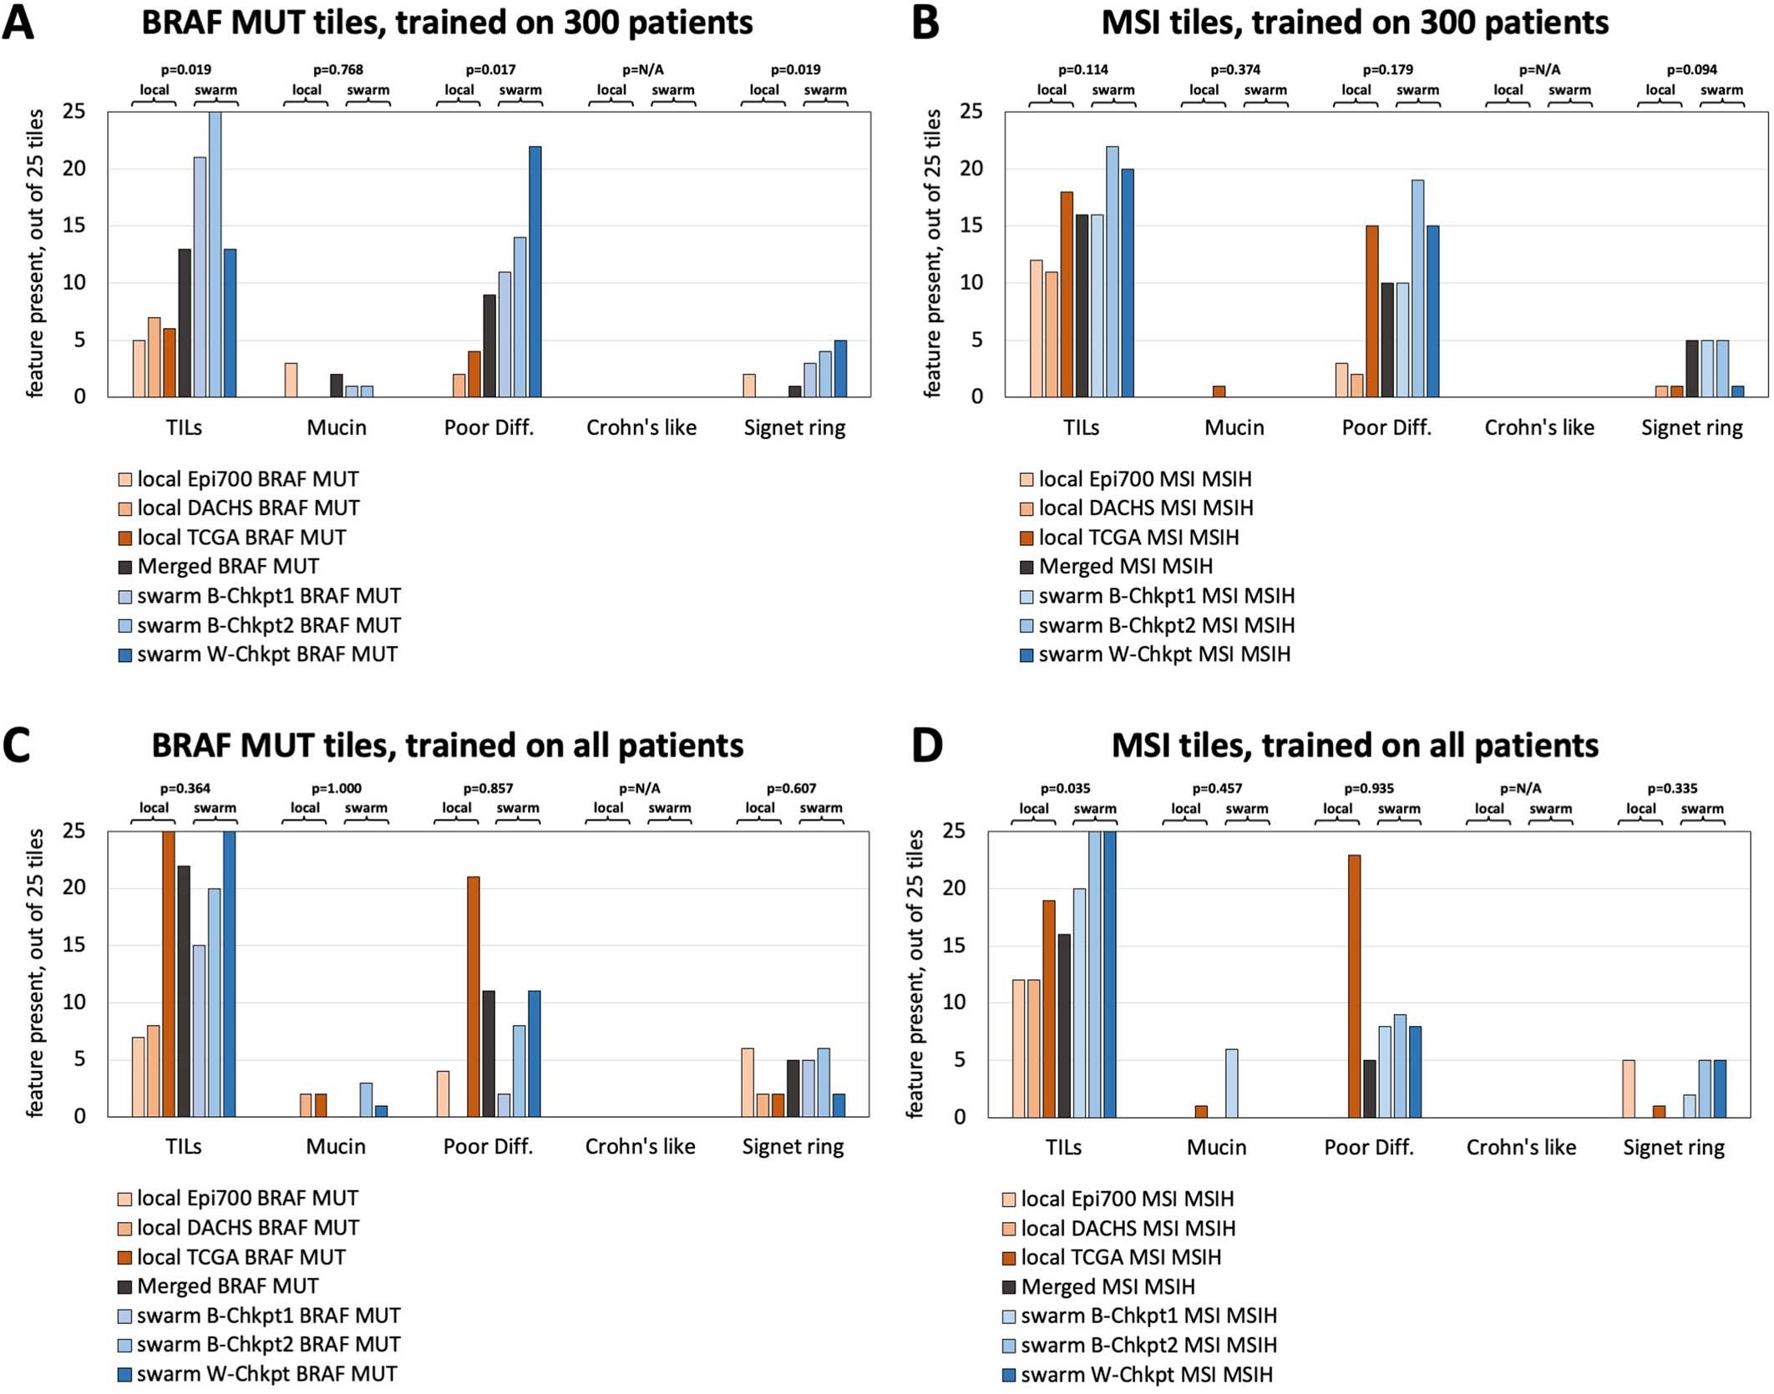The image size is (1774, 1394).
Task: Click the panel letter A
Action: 18,23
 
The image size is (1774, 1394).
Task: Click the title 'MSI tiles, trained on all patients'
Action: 1354,745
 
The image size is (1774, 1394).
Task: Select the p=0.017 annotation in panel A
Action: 490,70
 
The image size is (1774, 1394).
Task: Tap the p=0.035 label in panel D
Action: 1065,789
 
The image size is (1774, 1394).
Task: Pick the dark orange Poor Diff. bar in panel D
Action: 1354,986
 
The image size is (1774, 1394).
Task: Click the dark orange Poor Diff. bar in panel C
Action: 474,997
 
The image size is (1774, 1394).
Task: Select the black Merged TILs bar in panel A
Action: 185,323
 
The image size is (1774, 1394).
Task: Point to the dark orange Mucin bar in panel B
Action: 1219,391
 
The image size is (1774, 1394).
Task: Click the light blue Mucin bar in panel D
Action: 1231,1083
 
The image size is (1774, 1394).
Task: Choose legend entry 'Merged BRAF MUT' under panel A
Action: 227,567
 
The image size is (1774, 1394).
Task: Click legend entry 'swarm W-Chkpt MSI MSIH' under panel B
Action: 1163,654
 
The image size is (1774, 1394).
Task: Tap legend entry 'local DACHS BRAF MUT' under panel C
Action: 247,1228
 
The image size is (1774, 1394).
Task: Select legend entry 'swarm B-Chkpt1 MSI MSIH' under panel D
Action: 1148,1316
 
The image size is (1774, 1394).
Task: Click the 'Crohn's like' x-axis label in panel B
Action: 1538,428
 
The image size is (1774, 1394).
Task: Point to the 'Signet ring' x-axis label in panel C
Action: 793,1147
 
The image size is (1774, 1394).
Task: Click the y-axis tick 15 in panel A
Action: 74,226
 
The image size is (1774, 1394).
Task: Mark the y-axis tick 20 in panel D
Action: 954,888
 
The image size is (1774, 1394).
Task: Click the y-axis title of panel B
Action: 932,254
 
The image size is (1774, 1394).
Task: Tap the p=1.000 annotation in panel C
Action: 337,789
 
